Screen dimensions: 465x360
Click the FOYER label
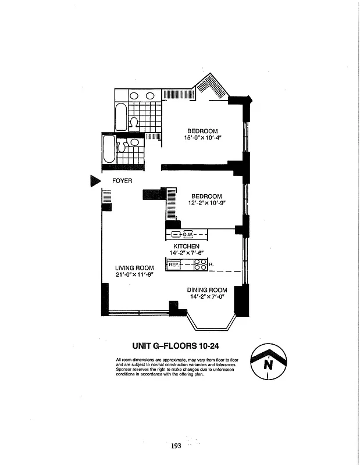tap(122, 181)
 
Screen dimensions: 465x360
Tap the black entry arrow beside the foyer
tap(95, 181)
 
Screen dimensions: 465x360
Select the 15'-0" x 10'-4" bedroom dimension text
tap(202, 138)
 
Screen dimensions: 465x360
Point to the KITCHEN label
tap(186, 246)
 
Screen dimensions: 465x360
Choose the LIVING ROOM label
tap(134, 268)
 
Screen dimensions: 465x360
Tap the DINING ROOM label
tap(206, 290)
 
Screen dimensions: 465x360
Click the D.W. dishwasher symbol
tap(188, 235)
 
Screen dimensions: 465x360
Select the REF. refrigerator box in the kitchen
tap(173, 265)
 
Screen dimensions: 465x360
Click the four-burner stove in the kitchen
tap(199, 265)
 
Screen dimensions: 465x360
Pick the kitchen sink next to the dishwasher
tap(176, 235)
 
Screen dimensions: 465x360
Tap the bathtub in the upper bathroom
tap(120, 117)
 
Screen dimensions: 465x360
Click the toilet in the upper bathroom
tap(133, 123)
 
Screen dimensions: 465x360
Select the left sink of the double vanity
tap(134, 96)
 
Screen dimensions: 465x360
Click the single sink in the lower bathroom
tap(134, 142)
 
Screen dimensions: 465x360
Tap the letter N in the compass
tap(268, 365)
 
